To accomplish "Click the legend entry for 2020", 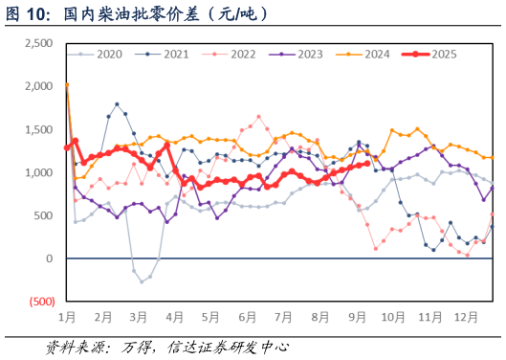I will (x=102, y=55).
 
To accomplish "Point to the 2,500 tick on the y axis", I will (x=38, y=43).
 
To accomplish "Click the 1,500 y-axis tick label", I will (x=38, y=129).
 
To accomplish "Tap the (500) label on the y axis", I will (x=40, y=302).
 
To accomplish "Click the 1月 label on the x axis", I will (x=67, y=316).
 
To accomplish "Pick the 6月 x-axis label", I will (x=247, y=316).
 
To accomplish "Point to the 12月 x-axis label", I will (x=466, y=316).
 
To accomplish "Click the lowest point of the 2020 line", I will (x=142, y=281).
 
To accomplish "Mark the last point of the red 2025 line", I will (x=367, y=163).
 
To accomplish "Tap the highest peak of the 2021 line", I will (x=117, y=103).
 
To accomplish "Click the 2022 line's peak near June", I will (x=258, y=117).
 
